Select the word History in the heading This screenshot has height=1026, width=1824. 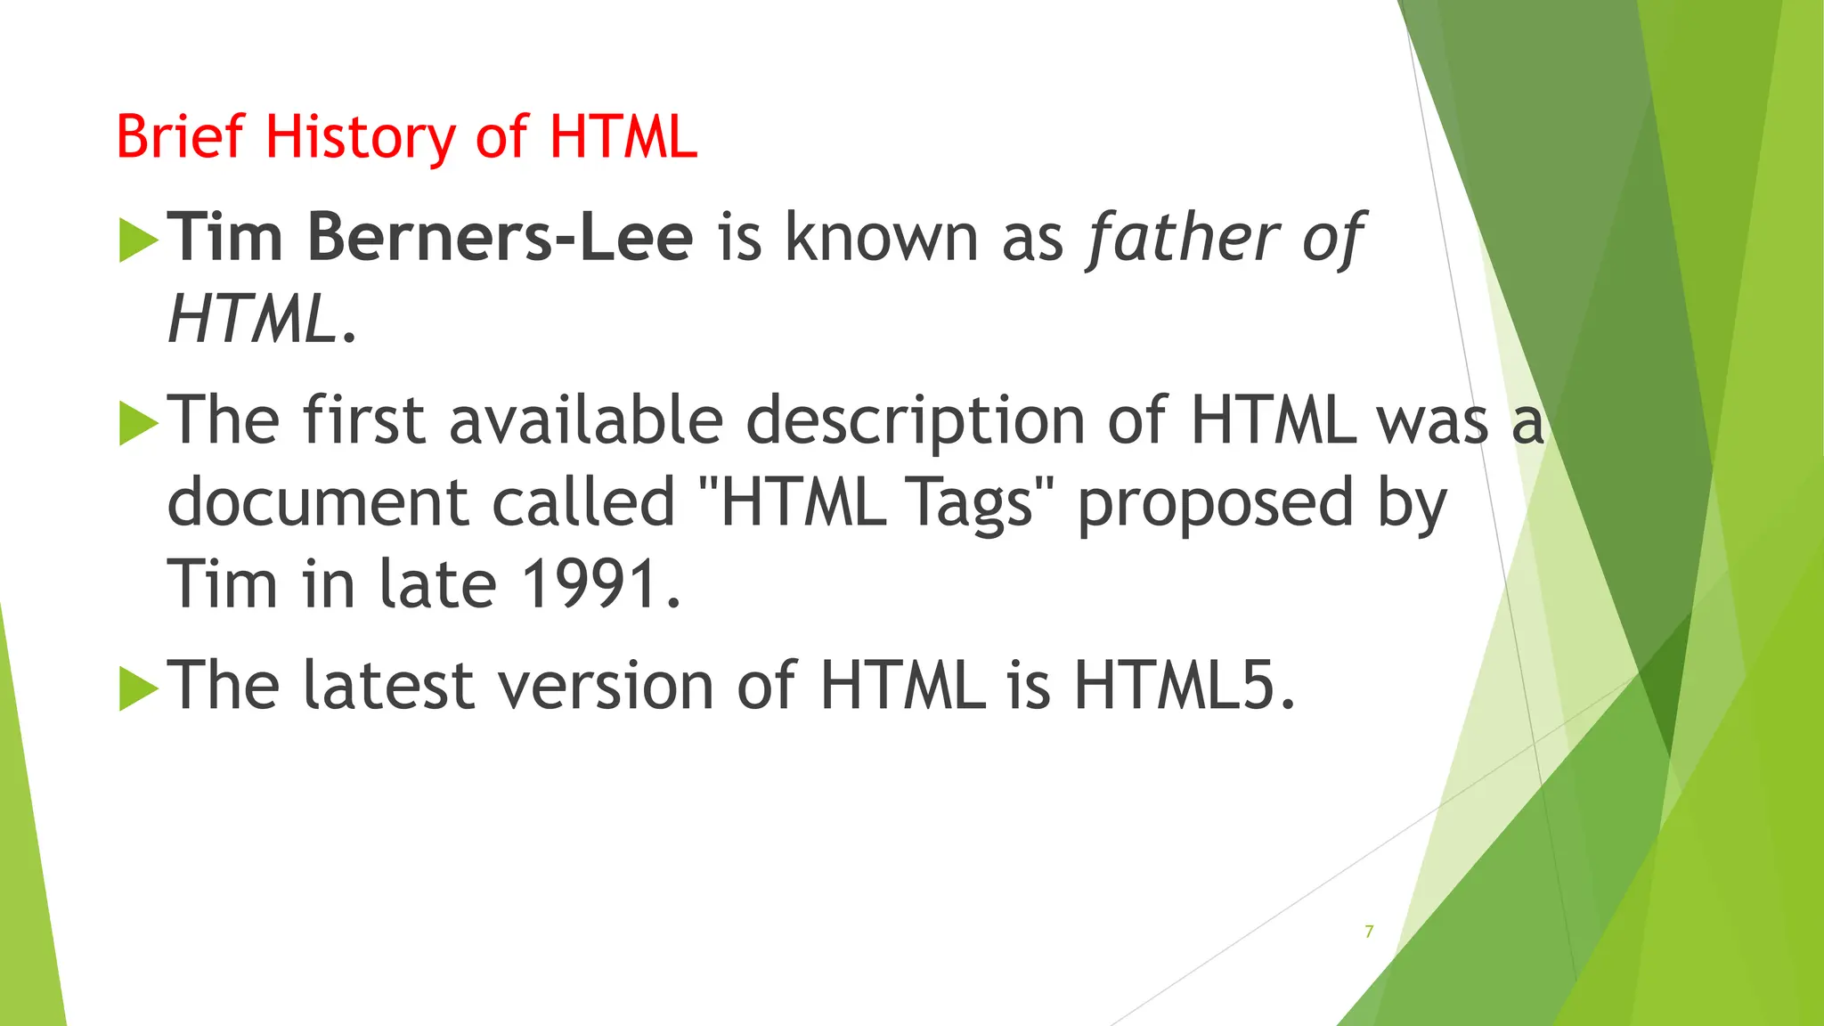tap(360, 139)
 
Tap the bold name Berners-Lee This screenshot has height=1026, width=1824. tap(500, 238)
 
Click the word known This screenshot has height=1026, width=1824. tap(881, 238)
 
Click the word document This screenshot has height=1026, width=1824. tap(317, 501)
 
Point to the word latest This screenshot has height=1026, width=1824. tap(388, 685)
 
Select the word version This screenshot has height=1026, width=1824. tap(606, 687)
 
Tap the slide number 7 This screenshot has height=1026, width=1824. tap(1369, 932)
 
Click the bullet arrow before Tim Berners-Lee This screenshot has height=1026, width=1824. tap(137, 240)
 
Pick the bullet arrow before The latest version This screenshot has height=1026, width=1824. tap(137, 688)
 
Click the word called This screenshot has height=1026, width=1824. tap(583, 501)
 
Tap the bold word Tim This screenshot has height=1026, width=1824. tap(225, 238)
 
